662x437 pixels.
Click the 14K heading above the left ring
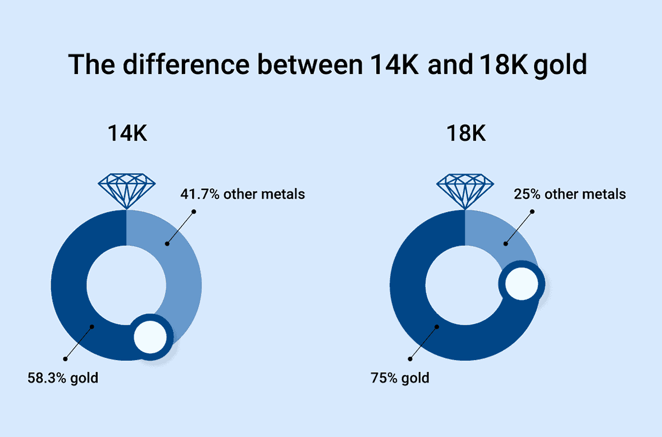click(127, 135)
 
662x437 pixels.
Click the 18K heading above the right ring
click(466, 135)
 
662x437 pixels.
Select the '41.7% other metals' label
click(243, 195)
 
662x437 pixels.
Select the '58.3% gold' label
click(63, 377)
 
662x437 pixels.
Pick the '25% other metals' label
click(569, 194)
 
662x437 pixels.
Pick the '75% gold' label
click(400, 377)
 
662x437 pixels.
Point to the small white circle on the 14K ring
click(150, 337)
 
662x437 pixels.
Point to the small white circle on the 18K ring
click(522, 283)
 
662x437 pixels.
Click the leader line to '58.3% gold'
click(78, 342)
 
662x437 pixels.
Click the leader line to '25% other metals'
click(519, 227)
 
